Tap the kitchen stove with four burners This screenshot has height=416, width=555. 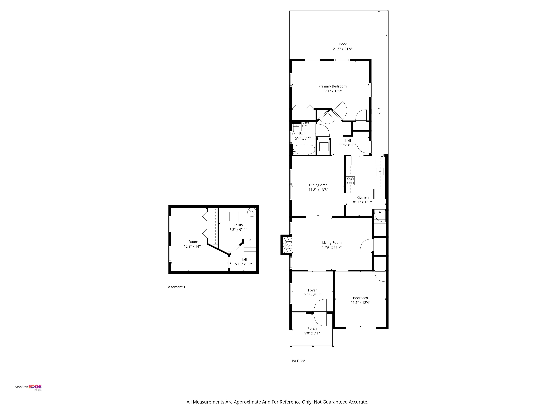coord(350,181)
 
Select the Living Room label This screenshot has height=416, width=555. coord(332,243)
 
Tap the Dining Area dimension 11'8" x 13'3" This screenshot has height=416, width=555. coord(318,190)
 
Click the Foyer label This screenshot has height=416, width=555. coord(312,290)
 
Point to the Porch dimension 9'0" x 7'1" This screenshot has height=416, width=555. coord(312,333)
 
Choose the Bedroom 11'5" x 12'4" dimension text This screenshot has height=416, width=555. coord(360,303)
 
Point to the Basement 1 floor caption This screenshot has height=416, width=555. coord(176,287)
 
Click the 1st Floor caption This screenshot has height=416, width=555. coord(298,361)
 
